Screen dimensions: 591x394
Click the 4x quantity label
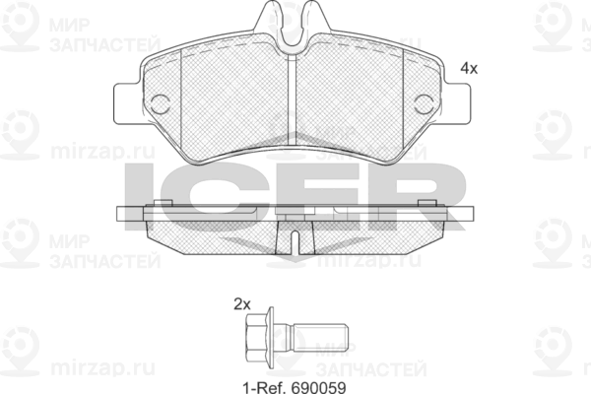[469, 68]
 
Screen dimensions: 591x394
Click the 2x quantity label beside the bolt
[242, 304]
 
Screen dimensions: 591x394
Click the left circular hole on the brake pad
[161, 104]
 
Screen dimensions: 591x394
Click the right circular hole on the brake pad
[424, 104]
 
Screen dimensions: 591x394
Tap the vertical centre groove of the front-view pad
[293, 101]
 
